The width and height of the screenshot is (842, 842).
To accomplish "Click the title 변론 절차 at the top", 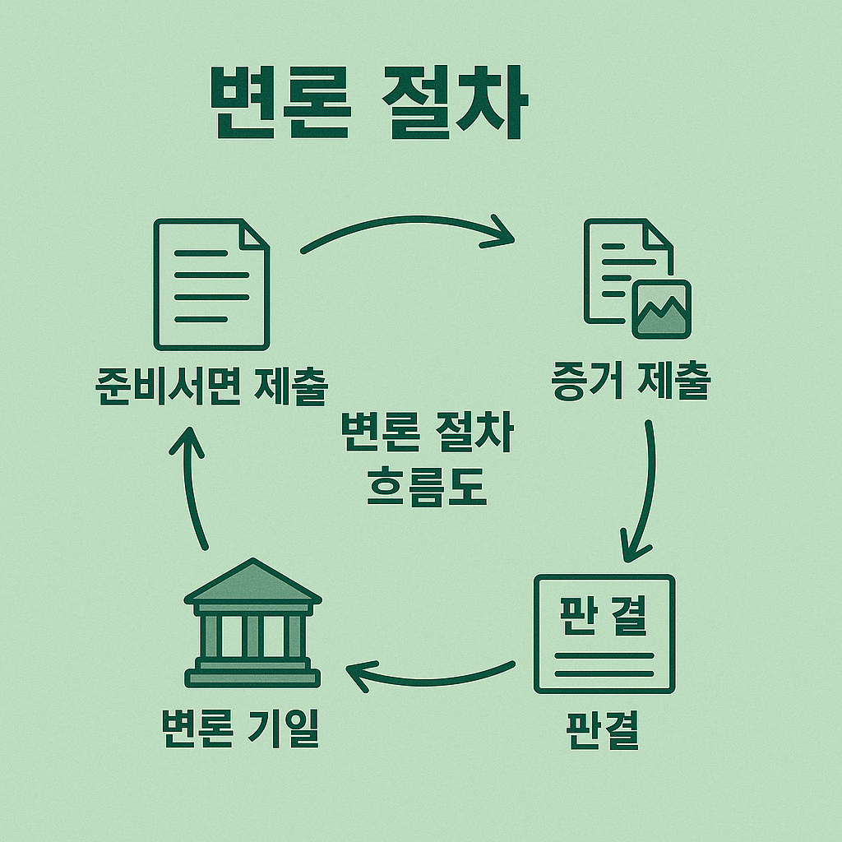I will click(x=366, y=104).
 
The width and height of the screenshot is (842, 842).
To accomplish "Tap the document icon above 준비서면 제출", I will click(x=212, y=284).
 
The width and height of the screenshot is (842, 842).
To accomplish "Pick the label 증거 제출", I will click(x=631, y=383).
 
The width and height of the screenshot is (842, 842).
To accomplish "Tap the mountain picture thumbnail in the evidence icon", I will click(x=662, y=310).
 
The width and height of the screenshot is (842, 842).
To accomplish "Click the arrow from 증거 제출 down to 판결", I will click(x=645, y=493).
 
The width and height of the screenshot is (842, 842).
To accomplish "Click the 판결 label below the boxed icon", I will click(x=604, y=729).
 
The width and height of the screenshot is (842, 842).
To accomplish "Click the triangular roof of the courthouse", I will click(x=252, y=581).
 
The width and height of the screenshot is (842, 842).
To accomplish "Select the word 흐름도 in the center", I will click(x=426, y=487).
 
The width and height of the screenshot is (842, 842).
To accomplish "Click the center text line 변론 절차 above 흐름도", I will click(x=426, y=434).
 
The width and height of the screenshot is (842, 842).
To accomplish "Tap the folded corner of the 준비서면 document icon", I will click(x=254, y=234).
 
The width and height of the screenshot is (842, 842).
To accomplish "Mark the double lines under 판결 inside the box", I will click(x=604, y=664).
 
